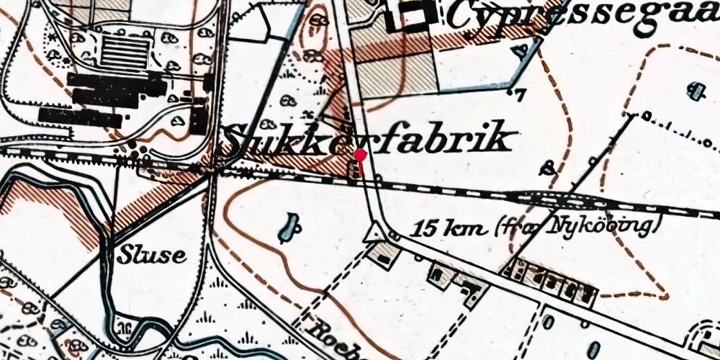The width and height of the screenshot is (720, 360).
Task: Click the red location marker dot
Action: [x=361, y=154]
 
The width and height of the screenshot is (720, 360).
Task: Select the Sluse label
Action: [x=153, y=255]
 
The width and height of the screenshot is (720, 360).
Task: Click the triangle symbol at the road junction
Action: [x=373, y=233]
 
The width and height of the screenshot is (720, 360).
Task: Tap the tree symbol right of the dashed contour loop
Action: [x=696, y=91]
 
